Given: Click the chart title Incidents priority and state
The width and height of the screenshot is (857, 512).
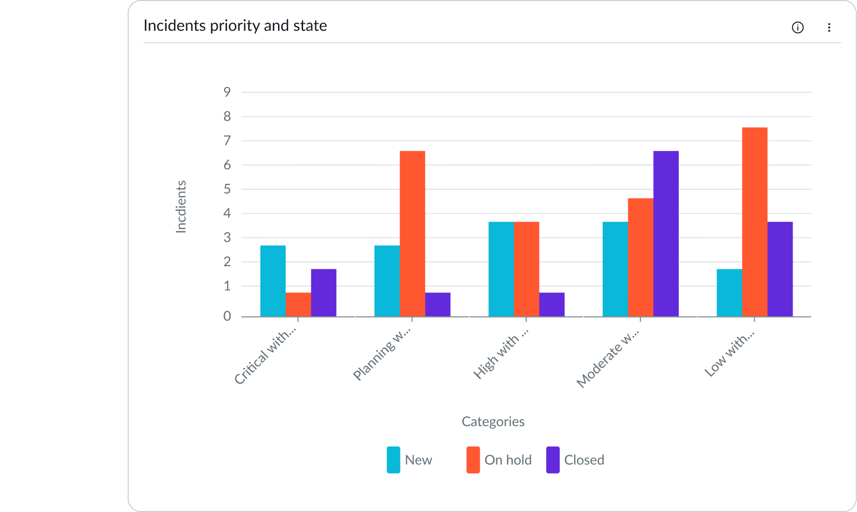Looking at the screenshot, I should [x=235, y=26].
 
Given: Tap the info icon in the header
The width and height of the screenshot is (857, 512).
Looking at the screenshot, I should [x=798, y=27].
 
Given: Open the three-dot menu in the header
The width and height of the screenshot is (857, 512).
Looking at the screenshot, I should [x=829, y=27].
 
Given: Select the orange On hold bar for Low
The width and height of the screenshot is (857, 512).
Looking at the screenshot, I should [x=754, y=222].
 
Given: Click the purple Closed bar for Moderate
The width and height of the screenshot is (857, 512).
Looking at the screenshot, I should [x=666, y=233].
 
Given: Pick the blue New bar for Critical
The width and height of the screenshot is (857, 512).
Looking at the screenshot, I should [x=273, y=281].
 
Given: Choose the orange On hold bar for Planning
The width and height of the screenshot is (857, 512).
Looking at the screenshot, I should [x=412, y=233].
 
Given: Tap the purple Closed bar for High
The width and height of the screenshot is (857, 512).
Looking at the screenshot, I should [x=552, y=304].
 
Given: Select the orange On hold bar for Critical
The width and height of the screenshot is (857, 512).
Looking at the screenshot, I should [x=298, y=304].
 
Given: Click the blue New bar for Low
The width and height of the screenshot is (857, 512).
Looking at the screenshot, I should [x=729, y=293].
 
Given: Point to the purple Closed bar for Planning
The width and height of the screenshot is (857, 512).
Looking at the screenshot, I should [x=437, y=304].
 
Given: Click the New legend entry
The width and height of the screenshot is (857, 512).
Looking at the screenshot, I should [x=410, y=460].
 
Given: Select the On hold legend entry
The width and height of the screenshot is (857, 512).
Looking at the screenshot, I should [x=499, y=460].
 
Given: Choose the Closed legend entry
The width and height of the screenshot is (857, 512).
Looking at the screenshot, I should [x=575, y=460].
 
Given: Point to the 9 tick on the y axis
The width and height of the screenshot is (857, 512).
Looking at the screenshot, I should [x=227, y=92].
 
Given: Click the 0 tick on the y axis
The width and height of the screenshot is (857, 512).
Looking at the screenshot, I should [x=227, y=316].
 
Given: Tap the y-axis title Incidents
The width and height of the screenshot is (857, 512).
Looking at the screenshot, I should [x=181, y=207].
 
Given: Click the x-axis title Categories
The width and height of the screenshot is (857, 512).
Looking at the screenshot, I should [x=493, y=421].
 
